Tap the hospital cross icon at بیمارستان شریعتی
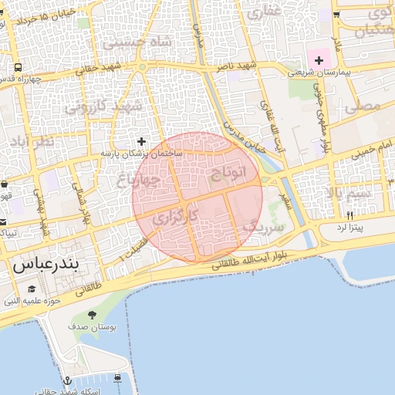pos(319,60)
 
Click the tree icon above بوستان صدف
pos(93,315)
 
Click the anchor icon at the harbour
pos(67,380)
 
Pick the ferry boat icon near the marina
pos(117,377)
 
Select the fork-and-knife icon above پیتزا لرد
pos(349,215)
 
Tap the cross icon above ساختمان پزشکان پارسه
pos(141,142)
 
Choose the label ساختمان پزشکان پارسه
pos(140,155)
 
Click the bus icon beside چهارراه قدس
pos(17,66)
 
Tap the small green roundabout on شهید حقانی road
pos(143,67)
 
